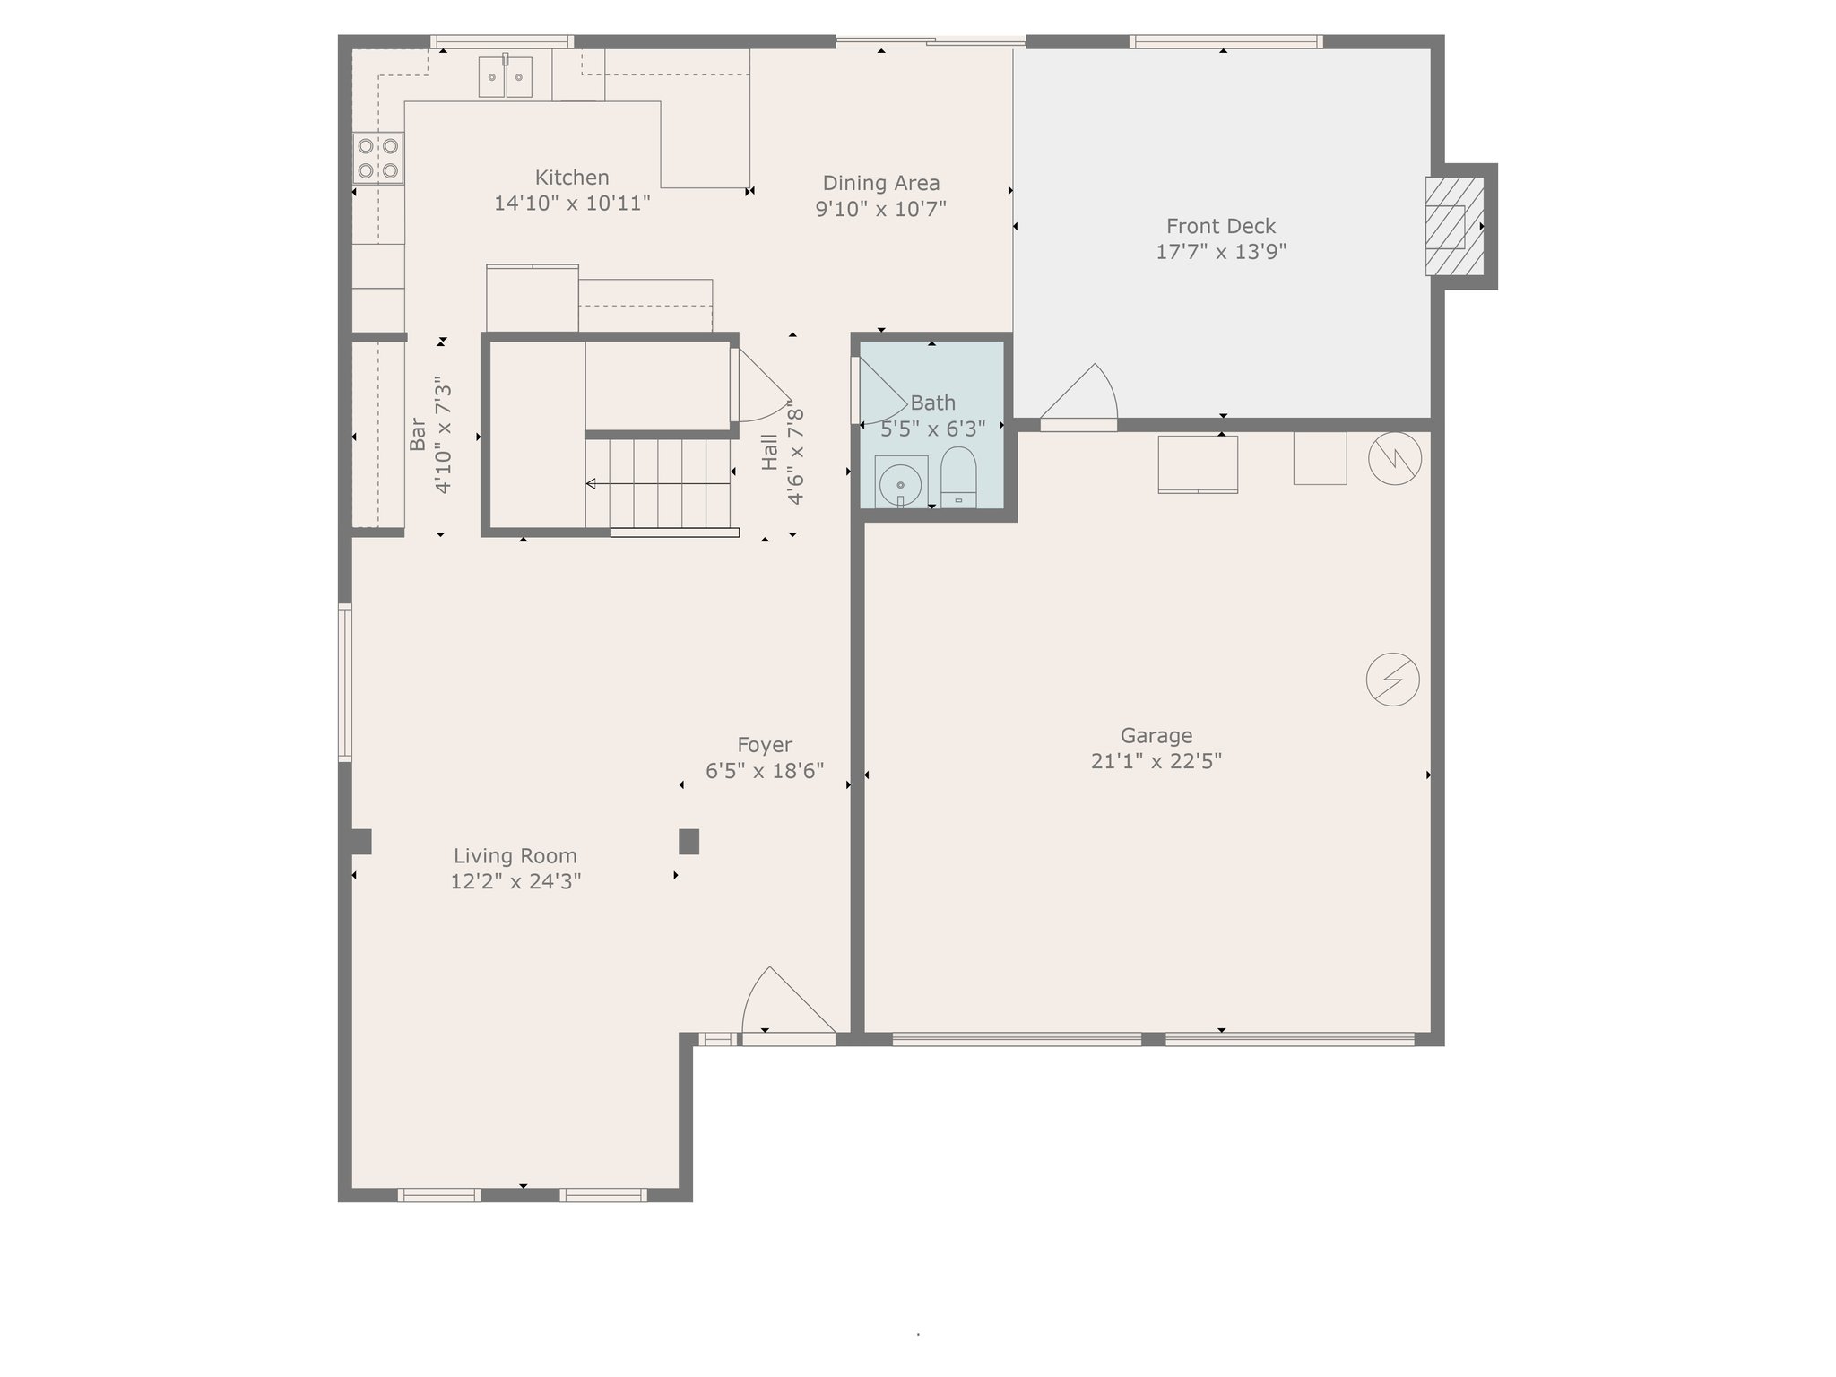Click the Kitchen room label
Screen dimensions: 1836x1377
point(572,178)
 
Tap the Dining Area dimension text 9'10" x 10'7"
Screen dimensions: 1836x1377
point(880,209)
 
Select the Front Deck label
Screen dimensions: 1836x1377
point(1221,226)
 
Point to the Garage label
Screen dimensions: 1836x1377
point(1156,735)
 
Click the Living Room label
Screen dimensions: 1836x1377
point(515,855)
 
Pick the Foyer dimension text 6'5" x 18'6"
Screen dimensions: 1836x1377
point(765,771)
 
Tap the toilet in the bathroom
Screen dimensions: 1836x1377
point(958,477)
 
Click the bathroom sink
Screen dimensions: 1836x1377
point(901,482)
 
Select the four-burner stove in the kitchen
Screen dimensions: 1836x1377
point(378,158)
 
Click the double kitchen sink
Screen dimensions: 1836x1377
point(506,76)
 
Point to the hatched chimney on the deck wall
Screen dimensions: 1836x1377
point(1454,226)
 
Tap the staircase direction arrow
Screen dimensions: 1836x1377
point(658,484)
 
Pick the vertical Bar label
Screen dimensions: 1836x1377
point(417,434)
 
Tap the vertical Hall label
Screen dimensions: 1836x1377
point(770,452)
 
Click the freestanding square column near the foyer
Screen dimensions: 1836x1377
point(688,842)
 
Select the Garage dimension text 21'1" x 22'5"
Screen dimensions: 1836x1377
point(1156,761)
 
